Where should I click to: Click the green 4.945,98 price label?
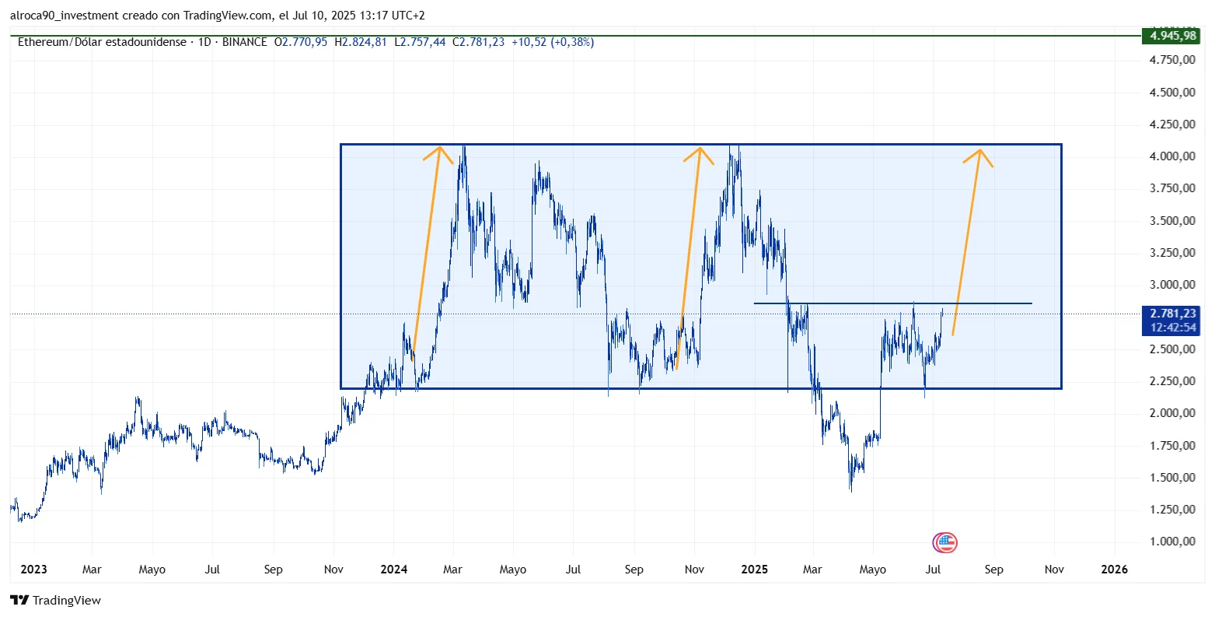tap(1173, 36)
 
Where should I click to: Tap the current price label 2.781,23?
tap(1173, 314)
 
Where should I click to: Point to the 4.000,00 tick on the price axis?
tap(1173, 156)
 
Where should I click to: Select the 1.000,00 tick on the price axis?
tap(1173, 542)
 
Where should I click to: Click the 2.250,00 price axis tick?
tap(1173, 381)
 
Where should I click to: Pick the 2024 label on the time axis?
tap(394, 570)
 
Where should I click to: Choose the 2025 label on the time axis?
tap(754, 570)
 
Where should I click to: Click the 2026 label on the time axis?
tap(1114, 570)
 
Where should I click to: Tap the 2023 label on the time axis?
tap(33, 570)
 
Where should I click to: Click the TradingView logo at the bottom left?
tap(55, 601)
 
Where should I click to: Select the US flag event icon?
tap(945, 543)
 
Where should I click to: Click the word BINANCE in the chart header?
tap(244, 42)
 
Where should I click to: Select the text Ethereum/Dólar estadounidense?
tap(102, 42)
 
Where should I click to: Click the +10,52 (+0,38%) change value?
tap(552, 42)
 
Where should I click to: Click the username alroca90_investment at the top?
tap(66, 16)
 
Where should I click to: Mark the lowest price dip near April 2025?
tap(850, 490)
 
